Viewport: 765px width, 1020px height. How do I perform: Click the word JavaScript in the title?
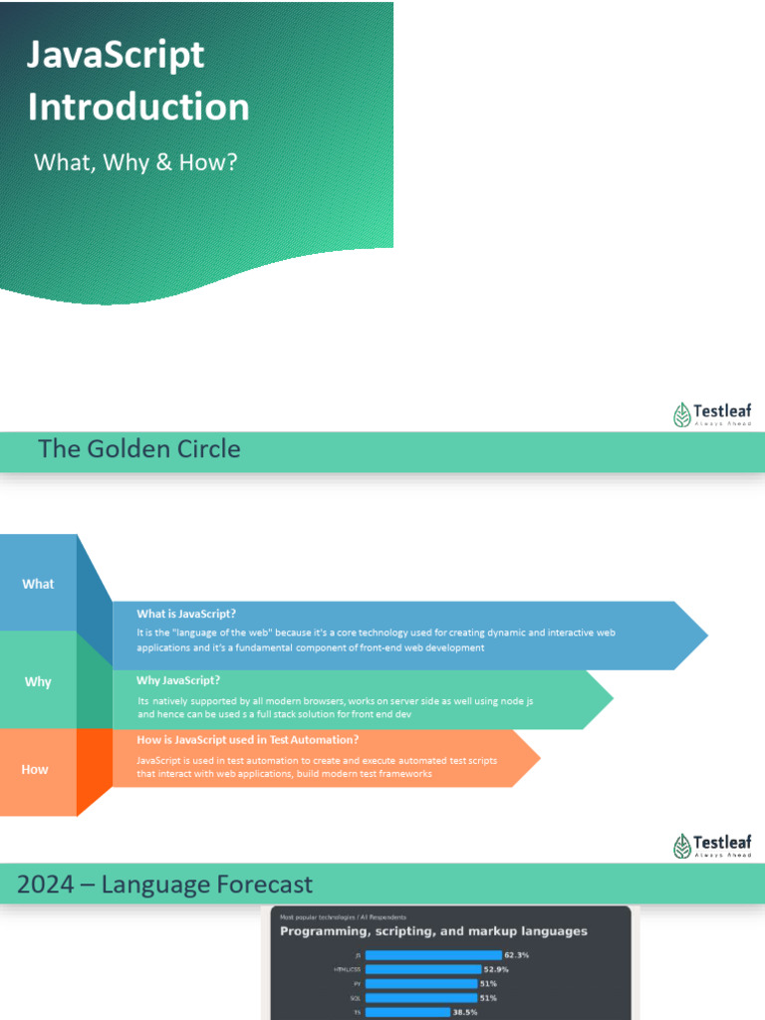[x=116, y=55]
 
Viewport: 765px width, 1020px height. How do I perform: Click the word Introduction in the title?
[x=138, y=107]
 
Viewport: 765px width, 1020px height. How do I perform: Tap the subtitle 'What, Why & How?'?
[x=135, y=161]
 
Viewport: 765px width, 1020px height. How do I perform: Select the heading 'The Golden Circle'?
[x=138, y=449]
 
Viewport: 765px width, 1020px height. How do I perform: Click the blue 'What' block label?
[x=38, y=584]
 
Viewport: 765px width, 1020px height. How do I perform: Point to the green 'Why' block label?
[x=38, y=682]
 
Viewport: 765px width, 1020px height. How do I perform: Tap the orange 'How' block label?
[x=35, y=769]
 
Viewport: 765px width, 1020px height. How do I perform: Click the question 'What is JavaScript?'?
[x=186, y=614]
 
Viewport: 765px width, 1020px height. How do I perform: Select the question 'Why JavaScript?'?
[x=178, y=680]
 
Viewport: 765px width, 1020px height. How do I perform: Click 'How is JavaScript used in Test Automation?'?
[x=247, y=739]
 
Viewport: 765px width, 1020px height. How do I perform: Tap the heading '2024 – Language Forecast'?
[x=164, y=885]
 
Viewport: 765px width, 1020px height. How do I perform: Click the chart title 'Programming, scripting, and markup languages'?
[x=433, y=931]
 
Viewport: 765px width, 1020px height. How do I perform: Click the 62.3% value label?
[x=516, y=955]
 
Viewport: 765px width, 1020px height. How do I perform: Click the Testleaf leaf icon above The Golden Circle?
[x=682, y=414]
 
